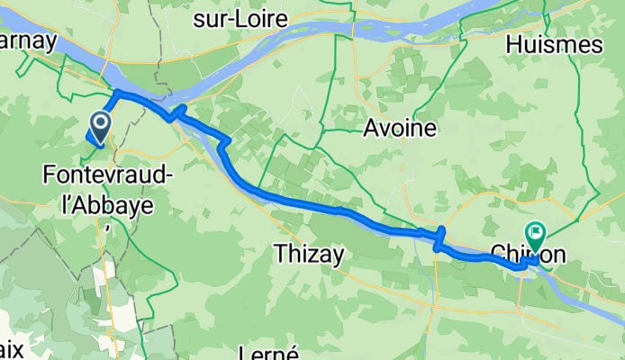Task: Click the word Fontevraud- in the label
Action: pos(107,176)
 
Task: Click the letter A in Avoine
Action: pos(370,129)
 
